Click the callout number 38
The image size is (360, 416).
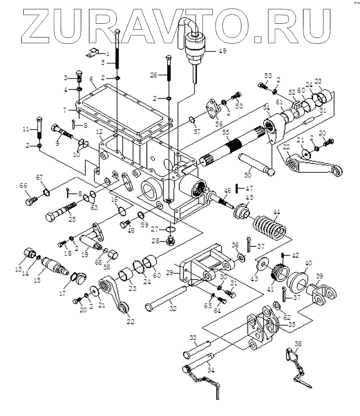coord(298,344)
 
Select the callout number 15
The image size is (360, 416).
coord(37,280)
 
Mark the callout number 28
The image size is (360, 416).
coord(155,241)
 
